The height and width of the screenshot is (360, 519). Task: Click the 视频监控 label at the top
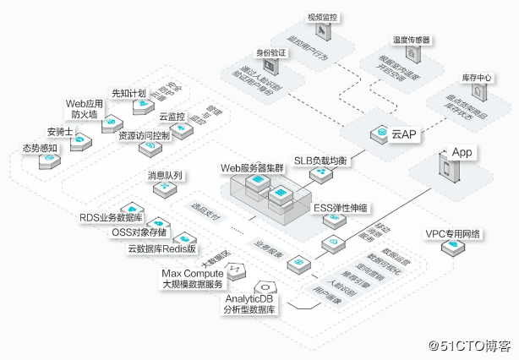click(325, 17)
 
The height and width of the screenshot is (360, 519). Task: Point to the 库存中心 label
click(477, 78)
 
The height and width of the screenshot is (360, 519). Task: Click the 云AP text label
click(402, 134)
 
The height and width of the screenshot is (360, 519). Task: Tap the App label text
click(462, 152)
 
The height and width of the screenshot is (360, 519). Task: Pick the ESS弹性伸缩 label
click(341, 207)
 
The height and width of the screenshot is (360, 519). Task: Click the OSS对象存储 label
click(139, 232)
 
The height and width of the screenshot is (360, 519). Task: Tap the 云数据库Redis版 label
click(161, 248)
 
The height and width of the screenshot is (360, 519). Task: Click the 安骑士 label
click(61, 131)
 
